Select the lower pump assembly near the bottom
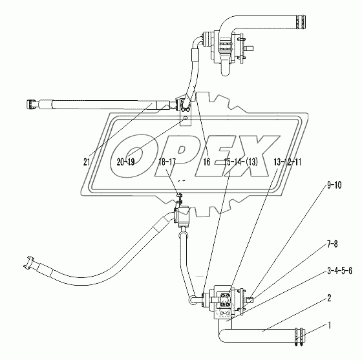pyautogui.click(x=223, y=301)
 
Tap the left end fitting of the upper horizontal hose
pyautogui.click(x=32, y=102)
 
